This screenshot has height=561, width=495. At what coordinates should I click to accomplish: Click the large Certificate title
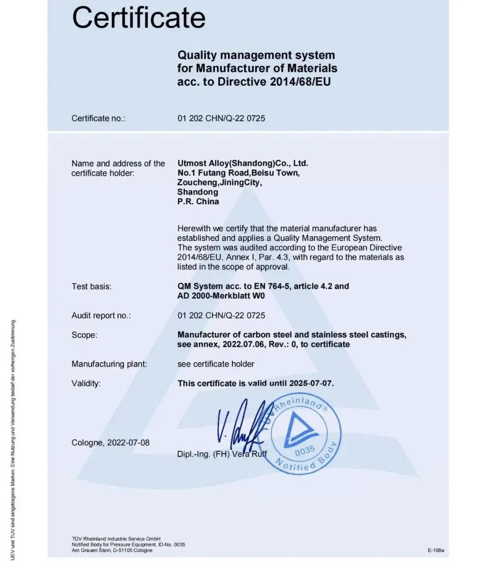point(138,18)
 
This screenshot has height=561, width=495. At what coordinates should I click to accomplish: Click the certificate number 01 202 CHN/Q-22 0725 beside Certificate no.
point(221,118)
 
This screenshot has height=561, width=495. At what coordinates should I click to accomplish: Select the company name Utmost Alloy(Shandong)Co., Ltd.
point(242,163)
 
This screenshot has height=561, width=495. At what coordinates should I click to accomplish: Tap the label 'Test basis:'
point(91,287)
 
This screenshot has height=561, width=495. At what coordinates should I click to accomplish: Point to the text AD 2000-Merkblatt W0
point(221,296)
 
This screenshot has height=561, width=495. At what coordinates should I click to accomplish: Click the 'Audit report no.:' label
point(101,316)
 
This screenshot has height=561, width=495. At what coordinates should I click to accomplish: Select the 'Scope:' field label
point(84,335)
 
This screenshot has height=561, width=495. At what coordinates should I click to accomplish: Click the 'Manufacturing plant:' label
point(109,364)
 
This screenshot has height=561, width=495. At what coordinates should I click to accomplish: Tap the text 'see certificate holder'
point(215,364)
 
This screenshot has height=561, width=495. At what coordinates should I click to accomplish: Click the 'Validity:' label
point(86,383)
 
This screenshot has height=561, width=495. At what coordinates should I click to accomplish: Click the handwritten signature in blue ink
point(241,424)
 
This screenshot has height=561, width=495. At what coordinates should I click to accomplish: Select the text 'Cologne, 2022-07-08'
point(110,443)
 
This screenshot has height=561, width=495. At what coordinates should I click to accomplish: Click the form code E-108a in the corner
point(436,550)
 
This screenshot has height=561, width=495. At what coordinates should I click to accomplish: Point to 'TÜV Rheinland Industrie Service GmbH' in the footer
point(116,539)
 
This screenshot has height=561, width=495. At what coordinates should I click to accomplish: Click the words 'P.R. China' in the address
point(198,202)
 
